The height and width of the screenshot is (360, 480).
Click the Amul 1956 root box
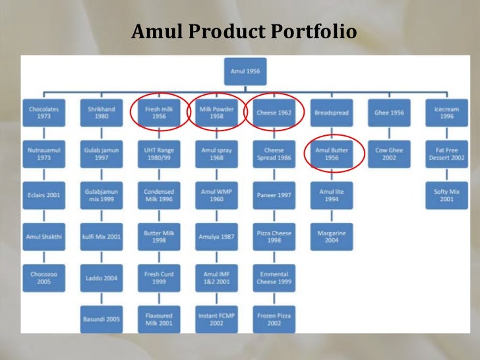245,70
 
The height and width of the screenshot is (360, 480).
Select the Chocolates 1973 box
44,112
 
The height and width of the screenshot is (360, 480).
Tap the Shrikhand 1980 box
101,112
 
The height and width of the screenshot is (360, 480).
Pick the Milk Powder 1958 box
216,112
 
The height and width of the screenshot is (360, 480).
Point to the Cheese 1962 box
274,112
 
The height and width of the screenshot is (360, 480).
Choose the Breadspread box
332,112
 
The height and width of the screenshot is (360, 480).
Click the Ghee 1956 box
389,112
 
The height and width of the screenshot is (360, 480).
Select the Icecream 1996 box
446,112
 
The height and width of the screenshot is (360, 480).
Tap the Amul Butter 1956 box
332,154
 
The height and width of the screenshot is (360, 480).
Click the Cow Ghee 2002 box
389,154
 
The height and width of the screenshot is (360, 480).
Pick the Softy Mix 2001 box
446,195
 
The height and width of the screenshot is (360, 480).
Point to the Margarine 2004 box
332,236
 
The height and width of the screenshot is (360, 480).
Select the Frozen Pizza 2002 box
274,319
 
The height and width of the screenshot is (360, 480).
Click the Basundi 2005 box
101,319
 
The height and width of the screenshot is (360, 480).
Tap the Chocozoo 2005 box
44,278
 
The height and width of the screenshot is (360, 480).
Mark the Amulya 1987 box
216,236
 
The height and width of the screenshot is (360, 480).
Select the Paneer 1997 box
274,195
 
